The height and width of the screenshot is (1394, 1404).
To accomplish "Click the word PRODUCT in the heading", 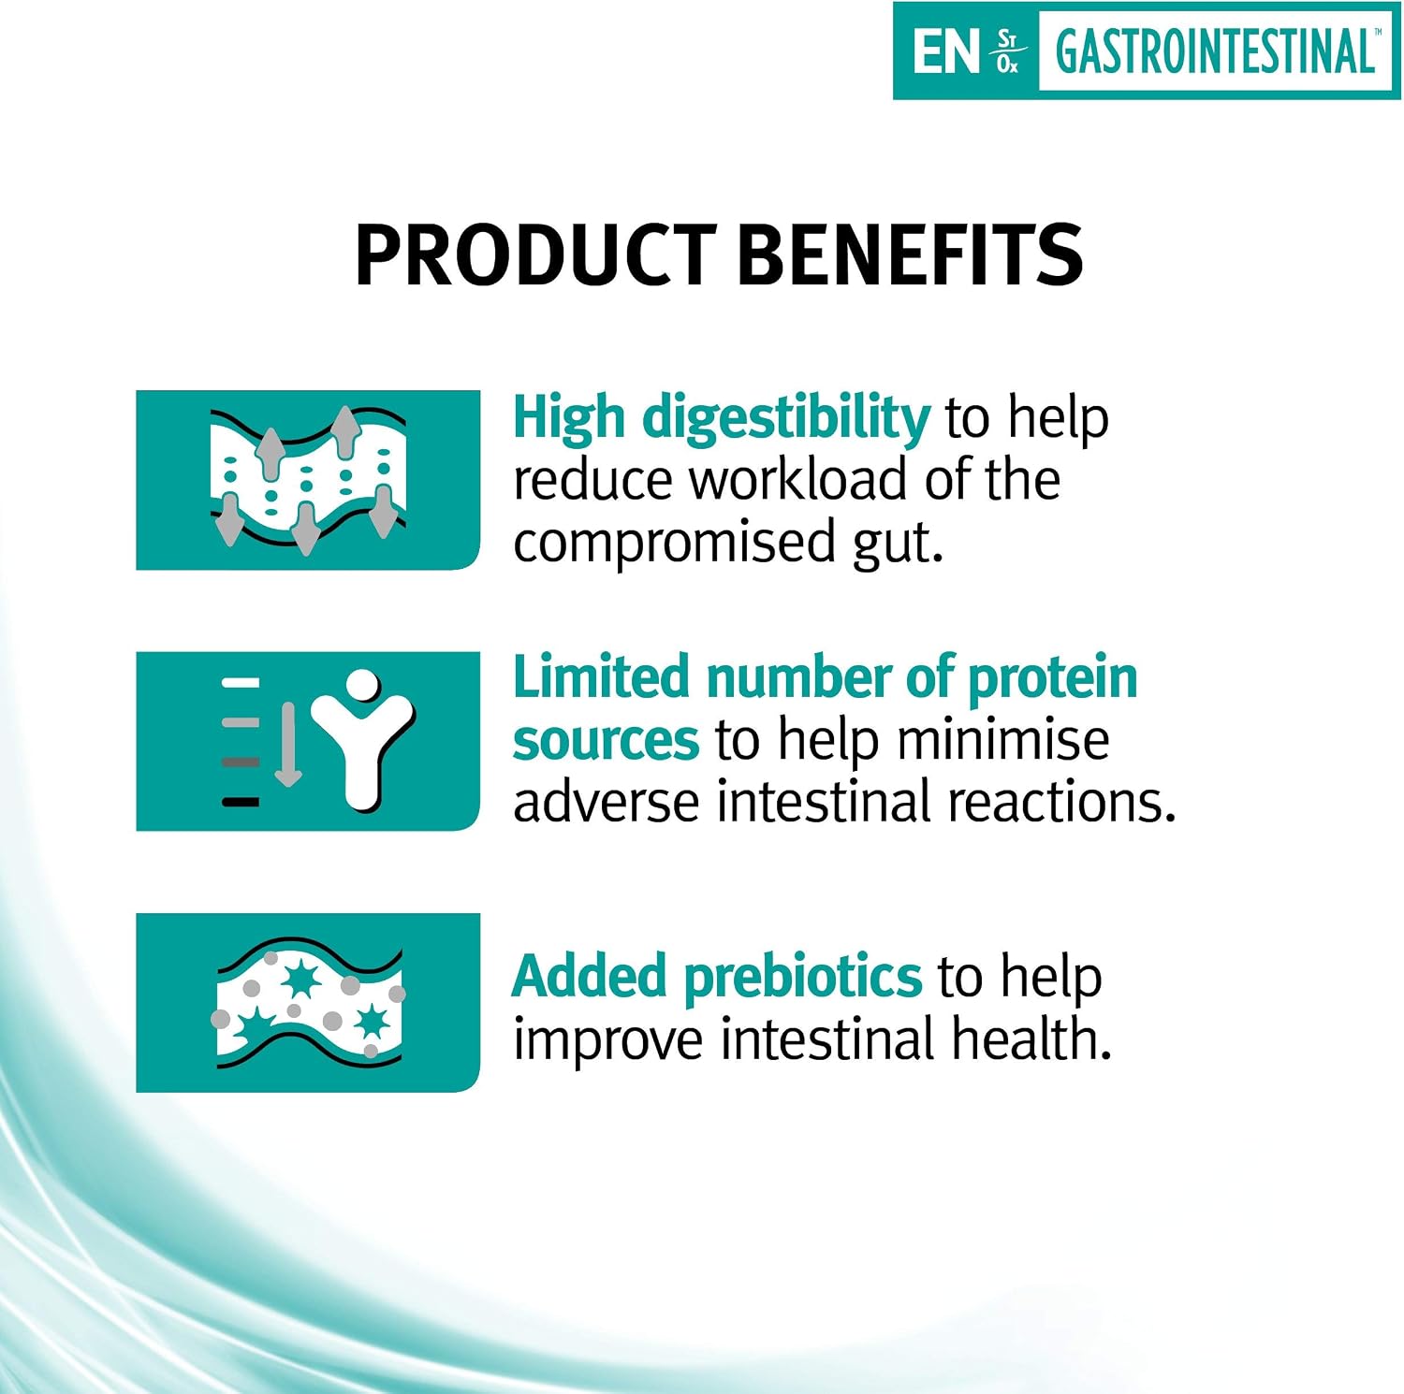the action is coord(535,254).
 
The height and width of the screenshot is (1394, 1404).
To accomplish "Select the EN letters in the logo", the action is coord(945,51).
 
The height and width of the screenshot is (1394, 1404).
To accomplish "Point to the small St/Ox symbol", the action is coord(1007,51).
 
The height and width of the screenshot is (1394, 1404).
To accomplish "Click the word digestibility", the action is coord(785,419).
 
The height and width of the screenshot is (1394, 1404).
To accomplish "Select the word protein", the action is coord(1052,679).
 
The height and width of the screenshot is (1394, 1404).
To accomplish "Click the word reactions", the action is coord(1061,803).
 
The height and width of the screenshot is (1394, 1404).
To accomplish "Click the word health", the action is coord(1031,1038).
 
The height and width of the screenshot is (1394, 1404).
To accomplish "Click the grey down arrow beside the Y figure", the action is coord(287,744).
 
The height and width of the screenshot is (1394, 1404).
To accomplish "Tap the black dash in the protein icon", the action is coord(240,802).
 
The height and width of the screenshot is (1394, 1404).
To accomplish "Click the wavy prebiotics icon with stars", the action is coord(310,1004).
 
